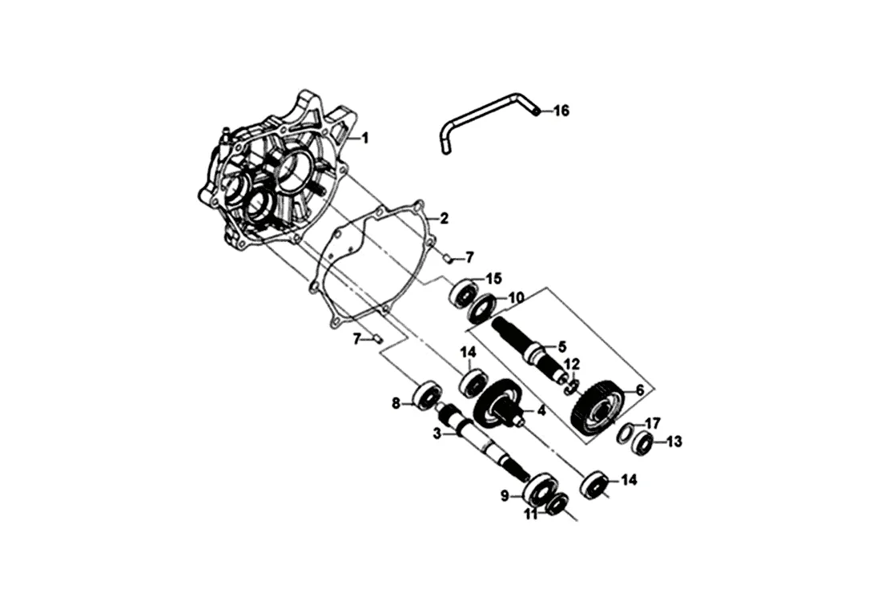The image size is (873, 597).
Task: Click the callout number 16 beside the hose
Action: pos(561,111)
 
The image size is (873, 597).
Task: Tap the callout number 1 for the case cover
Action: pos(364,138)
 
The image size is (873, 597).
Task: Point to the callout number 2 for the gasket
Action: pos(444,217)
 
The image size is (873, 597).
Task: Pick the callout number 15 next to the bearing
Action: pos(493,279)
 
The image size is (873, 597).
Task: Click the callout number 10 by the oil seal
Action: pos(517,297)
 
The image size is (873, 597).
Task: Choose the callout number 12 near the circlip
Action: pos(571,364)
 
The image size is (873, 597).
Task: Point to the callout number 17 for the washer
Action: pos(653,422)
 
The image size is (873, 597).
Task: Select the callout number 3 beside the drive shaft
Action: pos(437,434)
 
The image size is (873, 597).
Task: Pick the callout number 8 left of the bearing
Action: pos(396,404)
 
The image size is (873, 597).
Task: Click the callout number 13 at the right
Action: pos(674,442)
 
